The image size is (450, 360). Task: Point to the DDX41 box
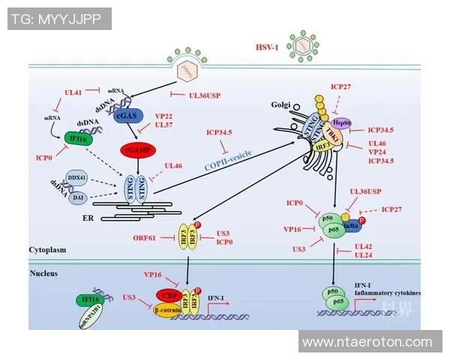[76, 177]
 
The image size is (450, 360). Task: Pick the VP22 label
[163, 115]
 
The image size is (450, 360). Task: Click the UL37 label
[163, 125]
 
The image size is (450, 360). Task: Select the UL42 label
[364, 246]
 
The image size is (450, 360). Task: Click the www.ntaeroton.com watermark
[367, 342]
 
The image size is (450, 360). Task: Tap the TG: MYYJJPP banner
[57, 19]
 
